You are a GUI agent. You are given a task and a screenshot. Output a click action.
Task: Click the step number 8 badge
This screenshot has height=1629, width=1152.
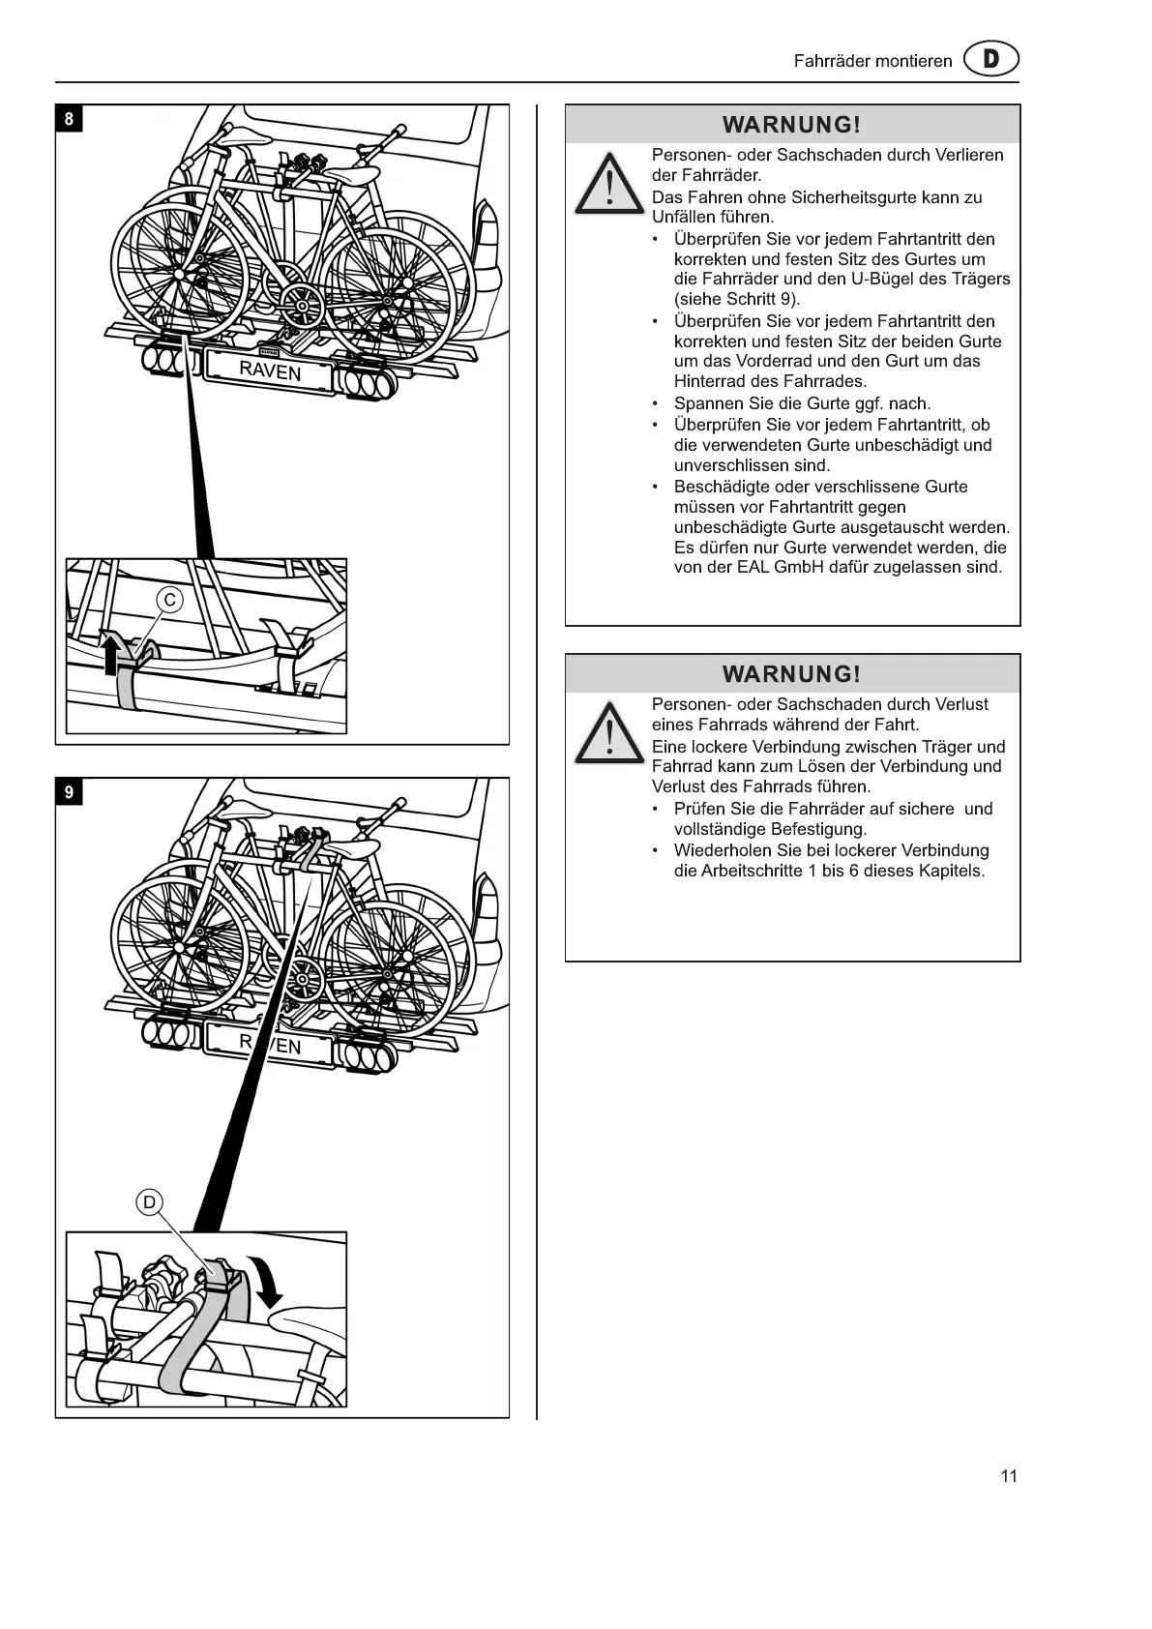[69, 120]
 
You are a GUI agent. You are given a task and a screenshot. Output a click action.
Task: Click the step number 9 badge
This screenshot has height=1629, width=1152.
[69, 793]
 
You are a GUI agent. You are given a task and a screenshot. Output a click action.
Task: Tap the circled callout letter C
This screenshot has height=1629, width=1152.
[170, 600]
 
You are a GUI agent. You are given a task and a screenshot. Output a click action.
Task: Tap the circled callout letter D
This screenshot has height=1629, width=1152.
[149, 1202]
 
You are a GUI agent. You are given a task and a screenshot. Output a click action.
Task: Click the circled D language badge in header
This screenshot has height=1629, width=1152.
[991, 60]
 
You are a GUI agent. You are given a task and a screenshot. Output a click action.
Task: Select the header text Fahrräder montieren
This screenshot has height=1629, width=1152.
[872, 61]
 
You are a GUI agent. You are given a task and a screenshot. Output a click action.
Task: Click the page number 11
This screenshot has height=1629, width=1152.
[1009, 1476]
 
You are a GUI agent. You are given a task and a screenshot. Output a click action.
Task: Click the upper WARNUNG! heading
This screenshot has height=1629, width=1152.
[791, 125]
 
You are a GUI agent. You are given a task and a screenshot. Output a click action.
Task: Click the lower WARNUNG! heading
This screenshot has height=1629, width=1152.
[791, 674]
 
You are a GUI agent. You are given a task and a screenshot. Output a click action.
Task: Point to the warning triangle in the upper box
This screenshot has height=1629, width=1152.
[608, 184]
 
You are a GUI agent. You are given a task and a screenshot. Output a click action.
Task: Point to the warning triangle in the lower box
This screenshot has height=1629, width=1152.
[608, 733]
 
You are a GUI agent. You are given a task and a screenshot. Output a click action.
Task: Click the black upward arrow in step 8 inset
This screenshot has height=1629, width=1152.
[112, 653]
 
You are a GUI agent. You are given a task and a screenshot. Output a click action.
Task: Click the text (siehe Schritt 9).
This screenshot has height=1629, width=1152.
[737, 299]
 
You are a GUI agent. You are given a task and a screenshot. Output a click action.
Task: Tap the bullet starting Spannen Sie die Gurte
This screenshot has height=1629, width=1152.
[802, 403]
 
